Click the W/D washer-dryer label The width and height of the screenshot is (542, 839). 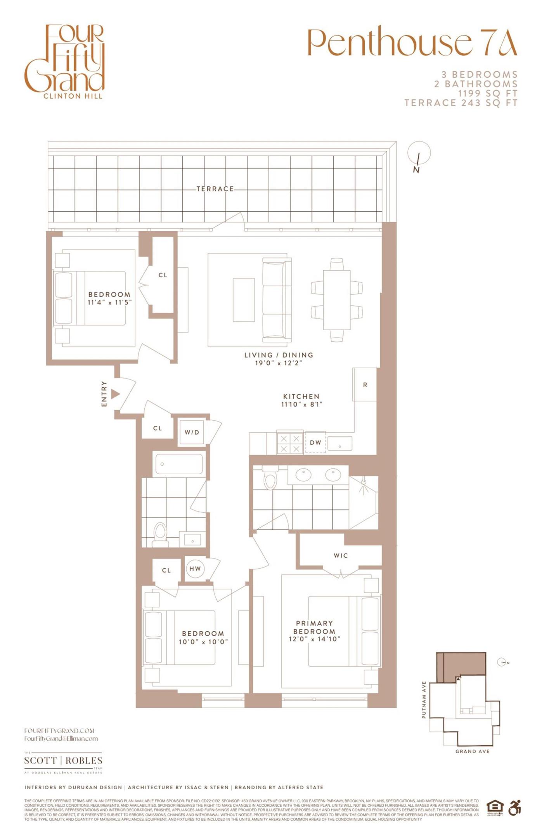(192, 432)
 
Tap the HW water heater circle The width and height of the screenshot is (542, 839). (195, 569)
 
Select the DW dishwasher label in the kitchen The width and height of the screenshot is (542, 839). (315, 442)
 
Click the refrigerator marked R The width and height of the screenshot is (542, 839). (365, 385)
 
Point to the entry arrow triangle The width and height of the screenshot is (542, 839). (115, 394)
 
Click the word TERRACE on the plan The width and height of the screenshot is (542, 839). (215, 189)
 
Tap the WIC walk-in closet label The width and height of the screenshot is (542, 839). (341, 555)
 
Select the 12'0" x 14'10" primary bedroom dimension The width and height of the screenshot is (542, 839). (314, 639)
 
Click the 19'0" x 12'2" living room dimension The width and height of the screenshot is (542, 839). (279, 363)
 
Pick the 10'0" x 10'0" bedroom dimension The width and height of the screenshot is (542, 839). (203, 642)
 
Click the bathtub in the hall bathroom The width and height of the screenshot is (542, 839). (179, 464)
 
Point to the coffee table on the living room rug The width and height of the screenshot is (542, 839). (244, 299)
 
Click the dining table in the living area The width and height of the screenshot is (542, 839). (337, 300)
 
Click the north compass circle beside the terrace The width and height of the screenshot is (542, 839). (419, 153)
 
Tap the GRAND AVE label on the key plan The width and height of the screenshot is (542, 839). (472, 751)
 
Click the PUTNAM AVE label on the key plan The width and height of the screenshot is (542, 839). (424, 700)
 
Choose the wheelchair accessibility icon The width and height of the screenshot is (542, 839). (514, 808)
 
